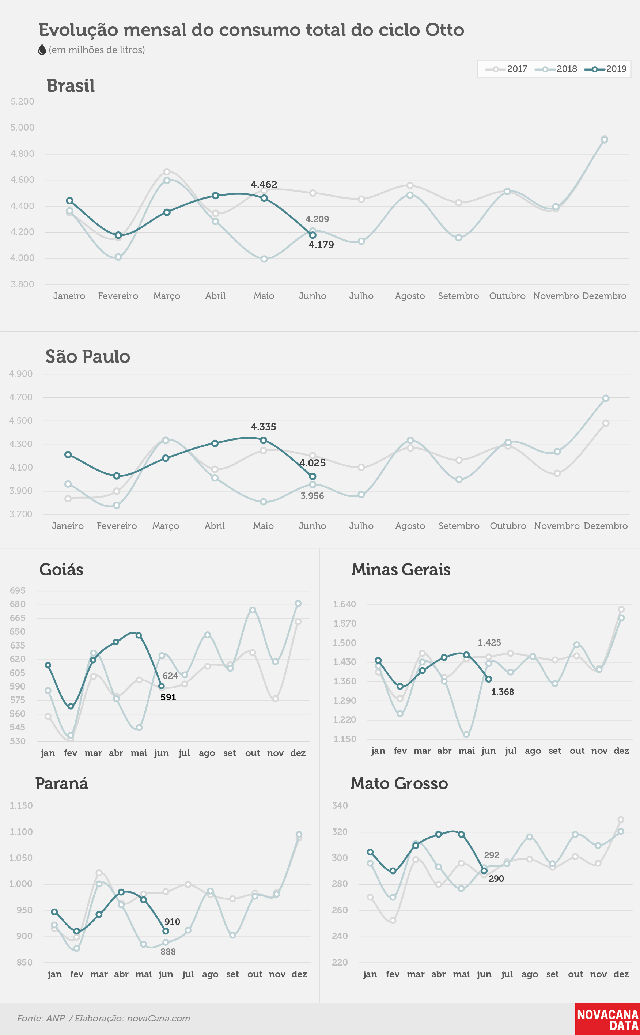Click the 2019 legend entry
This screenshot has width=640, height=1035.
pyautogui.click(x=605, y=69)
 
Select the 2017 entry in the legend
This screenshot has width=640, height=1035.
pyautogui.click(x=506, y=69)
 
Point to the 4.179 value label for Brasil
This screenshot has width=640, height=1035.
pyautogui.click(x=321, y=245)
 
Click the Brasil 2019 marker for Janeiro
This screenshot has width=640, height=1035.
pyautogui.click(x=69, y=201)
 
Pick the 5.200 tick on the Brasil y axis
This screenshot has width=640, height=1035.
pyautogui.click(x=22, y=102)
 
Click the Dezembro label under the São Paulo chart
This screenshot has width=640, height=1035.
pyautogui.click(x=605, y=526)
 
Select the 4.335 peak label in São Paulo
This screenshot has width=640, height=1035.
pyautogui.click(x=263, y=427)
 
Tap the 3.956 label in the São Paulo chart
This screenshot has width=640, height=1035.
pyautogui.click(x=313, y=496)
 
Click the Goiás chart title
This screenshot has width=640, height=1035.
pyautogui.click(x=61, y=570)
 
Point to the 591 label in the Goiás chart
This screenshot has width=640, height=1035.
pyautogui.click(x=168, y=697)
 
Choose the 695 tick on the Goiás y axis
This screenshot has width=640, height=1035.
pyautogui.click(x=18, y=590)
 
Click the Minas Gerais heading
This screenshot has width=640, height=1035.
pyautogui.click(x=401, y=569)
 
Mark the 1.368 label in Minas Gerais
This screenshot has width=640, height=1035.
pyautogui.click(x=503, y=692)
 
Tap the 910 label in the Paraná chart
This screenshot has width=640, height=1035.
pyautogui.click(x=172, y=922)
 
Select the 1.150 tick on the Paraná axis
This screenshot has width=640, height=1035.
pyautogui.click(x=21, y=805)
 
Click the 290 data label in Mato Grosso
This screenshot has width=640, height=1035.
pyautogui.click(x=496, y=879)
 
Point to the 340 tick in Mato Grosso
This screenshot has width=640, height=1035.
pyautogui.click(x=340, y=805)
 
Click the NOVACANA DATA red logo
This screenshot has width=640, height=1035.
pyautogui.click(x=607, y=1019)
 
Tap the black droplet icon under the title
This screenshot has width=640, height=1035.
pyautogui.click(x=42, y=50)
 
